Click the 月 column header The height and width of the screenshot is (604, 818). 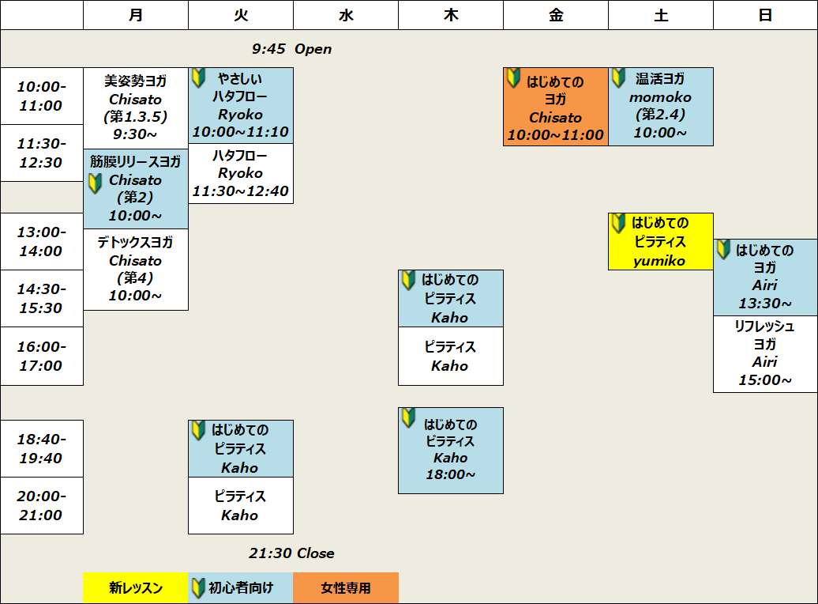(x=136, y=15)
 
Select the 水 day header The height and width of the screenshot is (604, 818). (x=346, y=15)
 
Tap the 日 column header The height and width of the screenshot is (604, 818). (x=765, y=15)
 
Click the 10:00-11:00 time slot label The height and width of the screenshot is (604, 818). (x=42, y=96)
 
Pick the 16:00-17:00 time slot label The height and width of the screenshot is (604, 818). (x=42, y=357)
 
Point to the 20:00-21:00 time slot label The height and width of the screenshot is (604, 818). (x=42, y=506)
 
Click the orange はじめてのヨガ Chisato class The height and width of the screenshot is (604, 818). (x=556, y=107)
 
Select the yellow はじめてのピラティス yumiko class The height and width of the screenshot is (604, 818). (x=660, y=241)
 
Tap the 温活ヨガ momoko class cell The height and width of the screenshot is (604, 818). (x=661, y=107)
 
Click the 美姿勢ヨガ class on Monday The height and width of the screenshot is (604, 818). (x=136, y=108)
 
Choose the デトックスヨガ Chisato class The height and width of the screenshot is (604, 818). (x=136, y=270)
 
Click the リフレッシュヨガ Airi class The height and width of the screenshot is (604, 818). (x=765, y=354)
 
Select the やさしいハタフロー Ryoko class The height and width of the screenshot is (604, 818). (x=241, y=106)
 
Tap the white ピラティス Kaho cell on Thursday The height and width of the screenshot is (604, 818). (x=451, y=357)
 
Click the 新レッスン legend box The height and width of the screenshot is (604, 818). (x=136, y=588)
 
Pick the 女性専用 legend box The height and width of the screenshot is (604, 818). (x=346, y=588)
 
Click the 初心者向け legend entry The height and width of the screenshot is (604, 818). (x=241, y=588)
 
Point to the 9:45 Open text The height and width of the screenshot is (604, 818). (x=291, y=49)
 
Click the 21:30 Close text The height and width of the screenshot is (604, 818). (x=291, y=553)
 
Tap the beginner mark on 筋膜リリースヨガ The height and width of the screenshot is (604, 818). (x=95, y=183)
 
